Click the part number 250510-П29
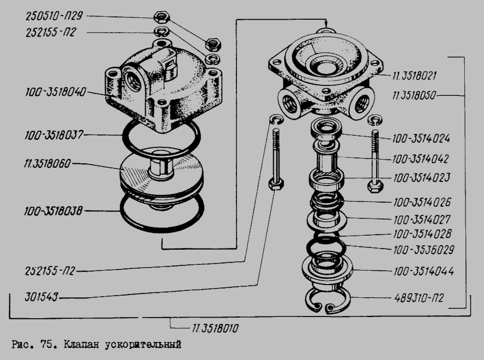[55, 16]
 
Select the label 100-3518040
[56, 92]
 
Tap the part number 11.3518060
[48, 163]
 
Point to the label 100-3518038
[53, 211]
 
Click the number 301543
[41, 297]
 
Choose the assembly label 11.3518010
[215, 328]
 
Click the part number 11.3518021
[414, 75]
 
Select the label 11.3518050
[414, 95]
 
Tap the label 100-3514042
[421, 159]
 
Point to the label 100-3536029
[424, 250]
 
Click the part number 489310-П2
[419, 298]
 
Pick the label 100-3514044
[424, 271]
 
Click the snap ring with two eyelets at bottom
[328, 301]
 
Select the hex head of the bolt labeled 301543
[276, 184]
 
